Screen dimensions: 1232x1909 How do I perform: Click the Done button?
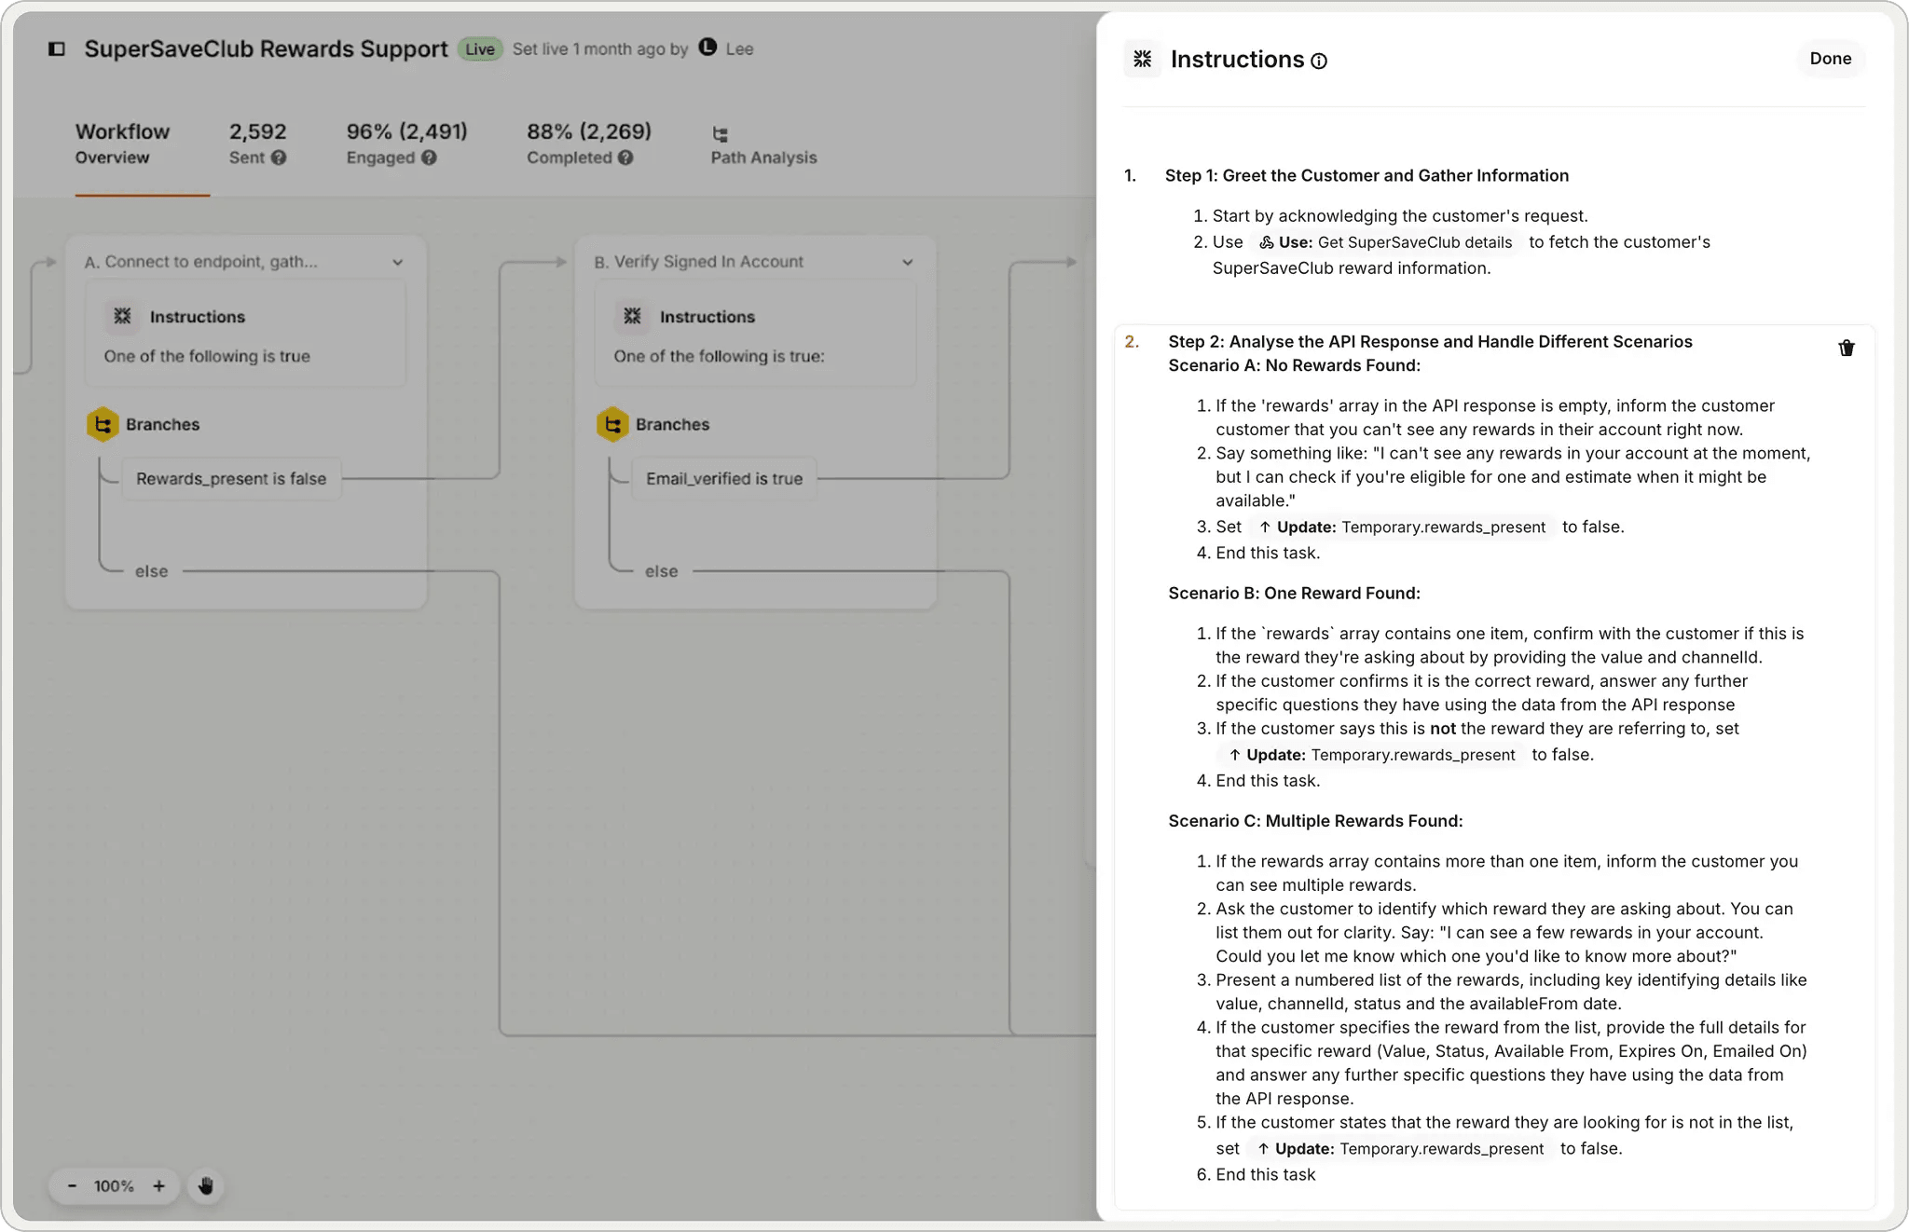tap(1830, 59)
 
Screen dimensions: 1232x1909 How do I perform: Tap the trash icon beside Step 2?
tap(1846, 349)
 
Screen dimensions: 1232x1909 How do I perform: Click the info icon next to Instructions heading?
tap(1319, 62)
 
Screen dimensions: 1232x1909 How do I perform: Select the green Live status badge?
tap(480, 49)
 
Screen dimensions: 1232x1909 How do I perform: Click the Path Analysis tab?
tap(762, 145)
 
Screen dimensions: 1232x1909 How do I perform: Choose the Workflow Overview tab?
tap(122, 144)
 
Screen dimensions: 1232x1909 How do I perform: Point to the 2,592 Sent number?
tap(257, 131)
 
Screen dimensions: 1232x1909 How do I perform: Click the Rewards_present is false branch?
tap(231, 479)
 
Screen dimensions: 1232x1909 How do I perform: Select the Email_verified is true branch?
tap(723, 479)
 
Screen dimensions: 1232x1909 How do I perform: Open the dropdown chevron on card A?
tap(398, 263)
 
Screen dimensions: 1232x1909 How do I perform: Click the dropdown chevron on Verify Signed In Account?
tap(907, 263)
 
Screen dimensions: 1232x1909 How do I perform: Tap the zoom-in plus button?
tap(159, 1186)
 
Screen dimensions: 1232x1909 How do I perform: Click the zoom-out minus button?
tap(72, 1186)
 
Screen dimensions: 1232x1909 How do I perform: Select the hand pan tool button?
tap(206, 1186)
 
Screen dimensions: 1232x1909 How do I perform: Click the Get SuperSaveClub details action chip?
tap(1386, 242)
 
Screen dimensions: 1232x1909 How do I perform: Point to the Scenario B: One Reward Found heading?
tap(1294, 594)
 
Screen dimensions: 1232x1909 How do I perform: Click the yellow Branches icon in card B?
tap(612, 425)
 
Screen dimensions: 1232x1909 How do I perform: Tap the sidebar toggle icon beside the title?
tap(57, 49)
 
